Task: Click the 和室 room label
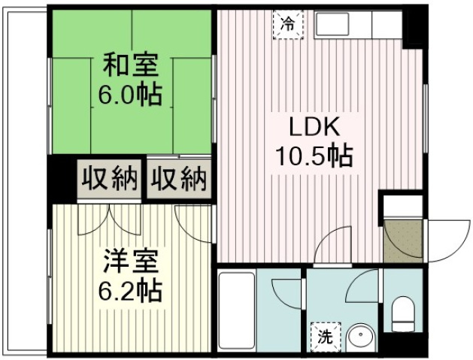pos(131,65)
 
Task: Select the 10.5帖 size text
pos(315,156)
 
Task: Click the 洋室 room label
pos(131,262)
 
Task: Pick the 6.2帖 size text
pos(130,291)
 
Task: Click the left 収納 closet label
pos(110,179)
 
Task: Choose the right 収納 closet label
pos(179,179)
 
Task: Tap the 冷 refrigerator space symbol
pos(288,24)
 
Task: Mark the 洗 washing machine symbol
pos(326,337)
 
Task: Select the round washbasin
pos(360,338)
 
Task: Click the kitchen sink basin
pos(332,24)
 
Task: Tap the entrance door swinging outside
pos(447,241)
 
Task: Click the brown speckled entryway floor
pos(403,241)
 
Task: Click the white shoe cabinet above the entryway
pos(403,206)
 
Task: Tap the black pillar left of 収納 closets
pos(62,179)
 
